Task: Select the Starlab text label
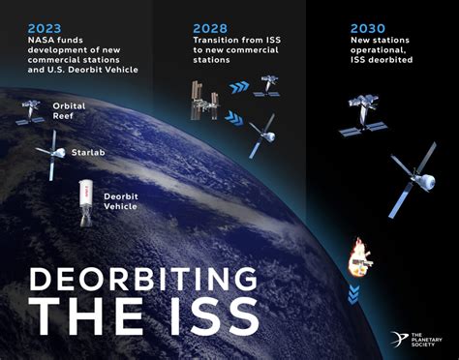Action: point(88,152)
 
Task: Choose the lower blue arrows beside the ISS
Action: point(233,118)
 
